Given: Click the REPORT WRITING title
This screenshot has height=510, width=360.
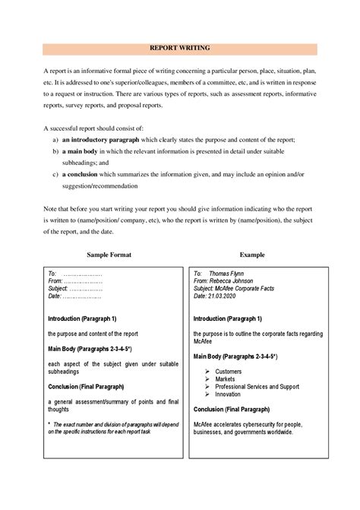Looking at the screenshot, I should point(179,47).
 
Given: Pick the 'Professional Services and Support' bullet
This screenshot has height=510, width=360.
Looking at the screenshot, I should point(257,387).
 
